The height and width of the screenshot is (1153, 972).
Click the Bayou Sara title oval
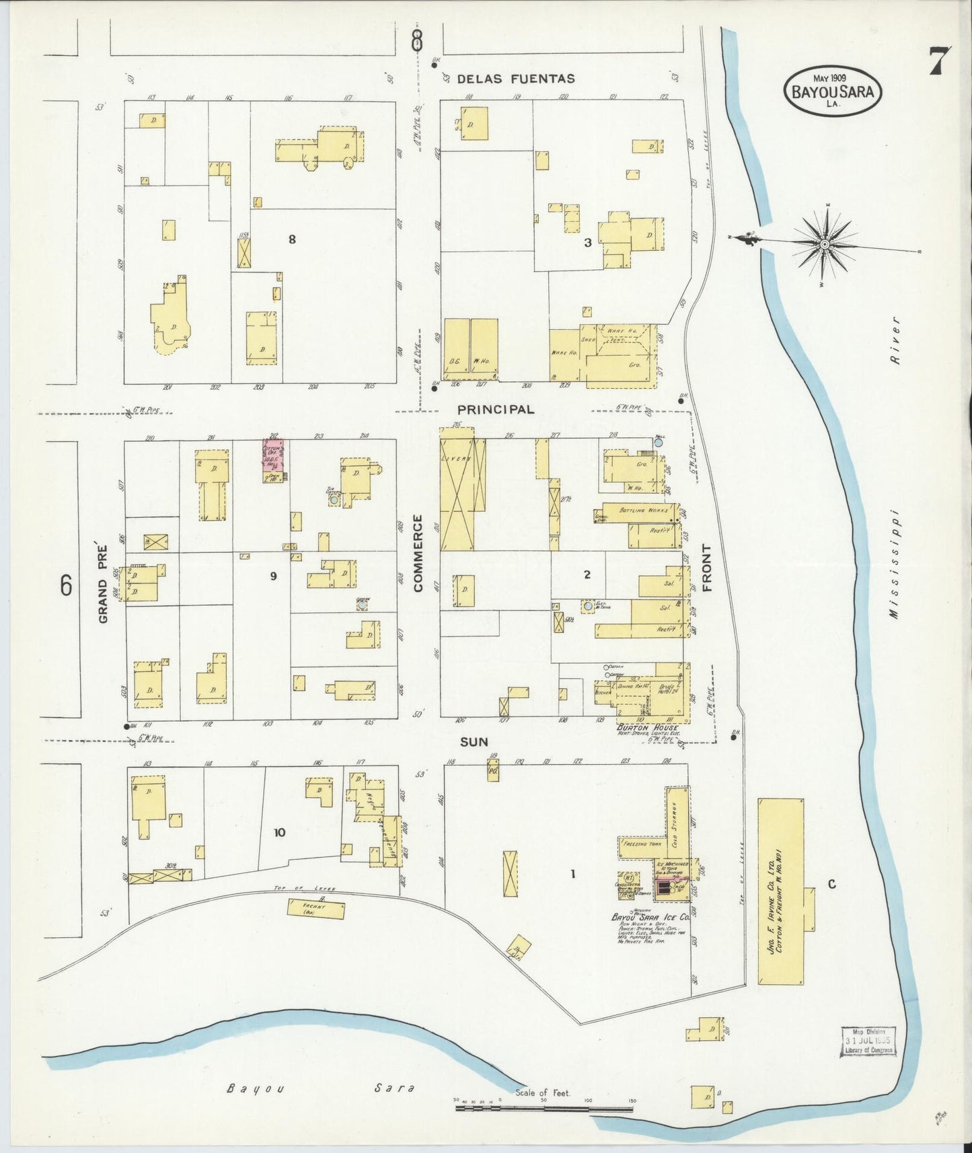pyautogui.click(x=833, y=91)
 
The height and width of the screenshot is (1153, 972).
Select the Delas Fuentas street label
pyautogui.click(x=516, y=79)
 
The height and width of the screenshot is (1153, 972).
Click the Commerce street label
pyautogui.click(x=418, y=553)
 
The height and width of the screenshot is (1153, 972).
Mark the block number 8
pyautogui.click(x=292, y=239)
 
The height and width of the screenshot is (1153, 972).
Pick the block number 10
pyautogui.click(x=279, y=833)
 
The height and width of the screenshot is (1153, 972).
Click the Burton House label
pyautogui.click(x=645, y=728)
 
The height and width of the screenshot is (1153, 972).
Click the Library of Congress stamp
pyautogui.click(x=868, y=1041)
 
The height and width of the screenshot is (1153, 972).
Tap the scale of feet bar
pyautogui.click(x=545, y=1105)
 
